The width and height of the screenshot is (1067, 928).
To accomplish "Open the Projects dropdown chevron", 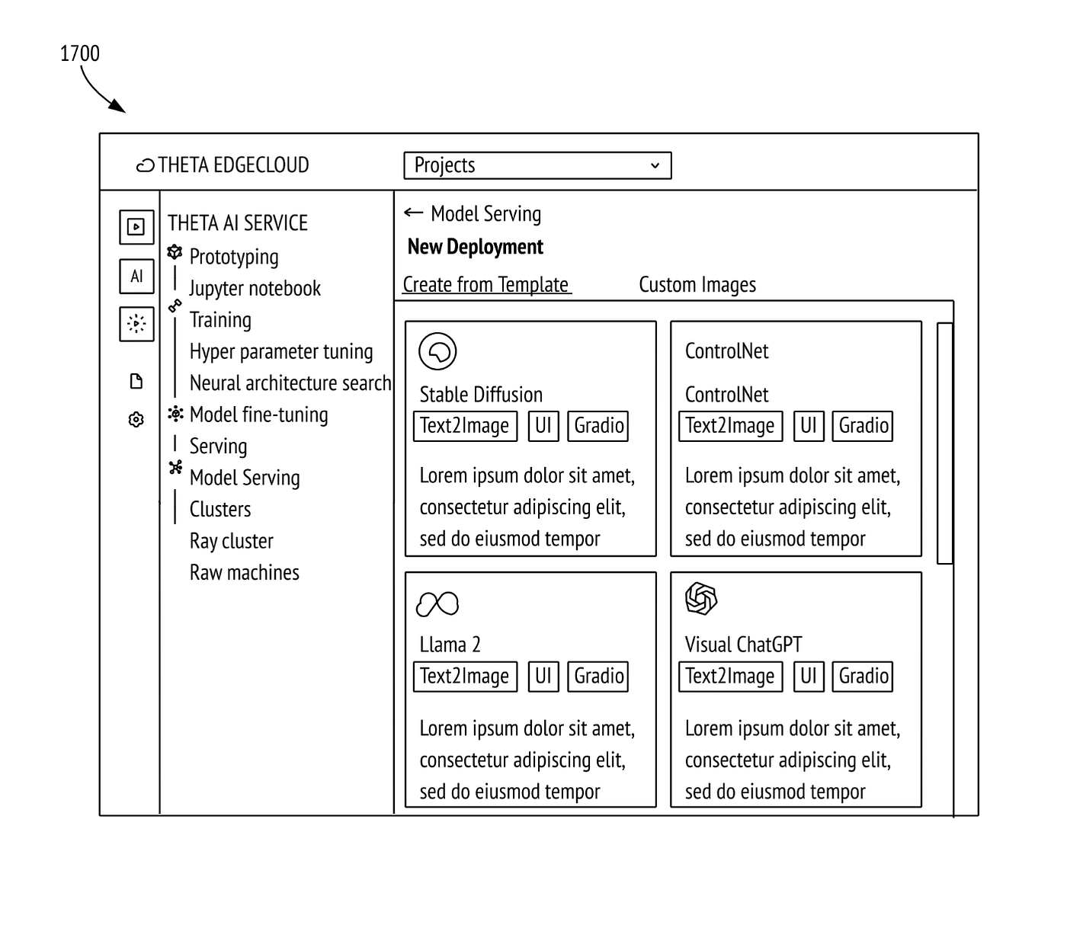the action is click(x=655, y=165).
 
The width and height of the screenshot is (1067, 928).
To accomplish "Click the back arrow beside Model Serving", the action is click(x=413, y=212).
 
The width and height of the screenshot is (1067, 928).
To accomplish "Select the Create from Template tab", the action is click(x=485, y=285).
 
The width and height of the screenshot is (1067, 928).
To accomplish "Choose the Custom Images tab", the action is click(x=697, y=285).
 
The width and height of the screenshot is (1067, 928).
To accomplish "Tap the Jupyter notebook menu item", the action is click(x=255, y=288).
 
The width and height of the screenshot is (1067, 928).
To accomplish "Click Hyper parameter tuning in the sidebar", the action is click(x=281, y=352).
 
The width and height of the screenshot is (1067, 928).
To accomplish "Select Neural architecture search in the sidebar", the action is click(x=290, y=383).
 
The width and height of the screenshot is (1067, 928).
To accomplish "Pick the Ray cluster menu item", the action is click(x=231, y=541).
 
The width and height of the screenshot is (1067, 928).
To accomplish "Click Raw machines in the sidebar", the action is click(x=244, y=572).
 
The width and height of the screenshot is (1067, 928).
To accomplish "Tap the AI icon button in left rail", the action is click(x=136, y=276).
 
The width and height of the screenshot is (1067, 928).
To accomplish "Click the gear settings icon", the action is click(x=136, y=420).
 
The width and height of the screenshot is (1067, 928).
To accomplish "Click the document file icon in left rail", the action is click(x=136, y=382).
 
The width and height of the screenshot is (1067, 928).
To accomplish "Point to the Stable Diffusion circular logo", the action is click(x=437, y=351).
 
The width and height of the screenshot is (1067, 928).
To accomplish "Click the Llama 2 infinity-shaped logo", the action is click(x=437, y=604).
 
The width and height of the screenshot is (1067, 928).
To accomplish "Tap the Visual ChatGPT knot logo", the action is click(x=701, y=599).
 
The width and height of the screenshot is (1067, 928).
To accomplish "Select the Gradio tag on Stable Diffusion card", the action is click(x=598, y=426).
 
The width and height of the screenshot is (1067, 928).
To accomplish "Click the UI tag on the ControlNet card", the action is click(x=809, y=426).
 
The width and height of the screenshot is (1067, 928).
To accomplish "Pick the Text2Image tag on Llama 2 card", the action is click(x=465, y=677).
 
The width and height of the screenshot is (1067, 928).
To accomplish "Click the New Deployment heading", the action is click(x=475, y=247).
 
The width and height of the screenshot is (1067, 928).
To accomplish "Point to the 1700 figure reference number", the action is click(x=80, y=53).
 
